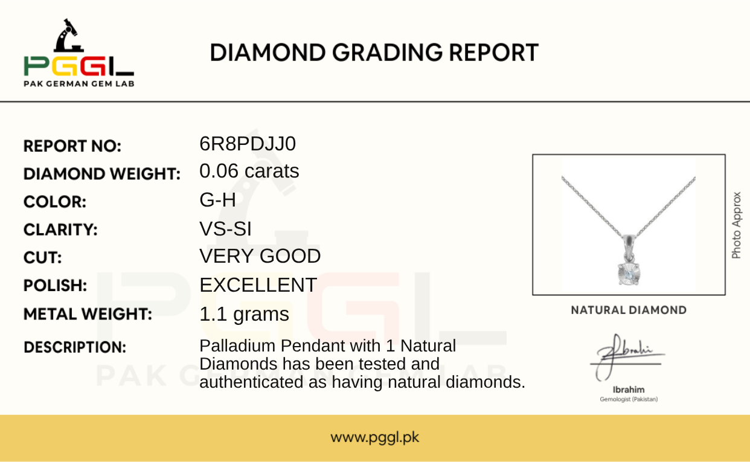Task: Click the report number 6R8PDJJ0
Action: [x=248, y=144]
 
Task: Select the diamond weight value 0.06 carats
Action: [x=249, y=171]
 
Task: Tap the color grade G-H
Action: [x=217, y=200]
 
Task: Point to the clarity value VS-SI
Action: [x=225, y=229]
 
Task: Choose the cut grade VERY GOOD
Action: [x=260, y=256]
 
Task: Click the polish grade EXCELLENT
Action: [x=258, y=285]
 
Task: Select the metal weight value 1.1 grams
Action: [x=244, y=314]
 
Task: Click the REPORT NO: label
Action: [x=72, y=146]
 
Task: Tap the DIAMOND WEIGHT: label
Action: [x=102, y=174]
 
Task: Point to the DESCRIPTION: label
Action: [x=75, y=347]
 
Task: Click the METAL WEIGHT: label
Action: [x=88, y=314]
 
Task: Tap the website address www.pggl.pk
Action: [x=374, y=437]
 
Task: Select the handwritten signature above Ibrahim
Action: [x=627, y=357]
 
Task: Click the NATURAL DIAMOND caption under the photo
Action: [x=629, y=310]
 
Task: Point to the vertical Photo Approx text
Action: [x=736, y=225]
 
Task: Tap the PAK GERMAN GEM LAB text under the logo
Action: [x=79, y=84]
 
